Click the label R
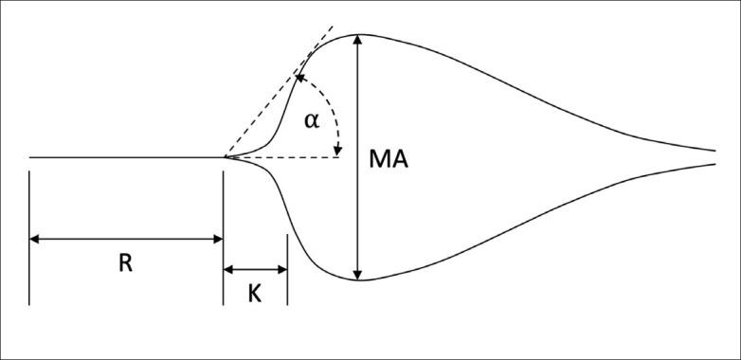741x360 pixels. tap(125, 263)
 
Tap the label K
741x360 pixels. tap(255, 294)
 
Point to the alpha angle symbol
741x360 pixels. tap(312, 120)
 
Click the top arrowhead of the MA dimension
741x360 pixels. tap(358, 42)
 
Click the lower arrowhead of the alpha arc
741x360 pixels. tap(337, 150)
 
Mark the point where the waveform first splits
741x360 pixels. tap(224, 157)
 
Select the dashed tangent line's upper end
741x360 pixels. tap(333, 25)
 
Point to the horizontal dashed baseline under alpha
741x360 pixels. tap(284, 157)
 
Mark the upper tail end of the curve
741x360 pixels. tap(713, 150)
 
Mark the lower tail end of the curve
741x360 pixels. tap(713, 164)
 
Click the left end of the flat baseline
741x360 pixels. tap(30, 157)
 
